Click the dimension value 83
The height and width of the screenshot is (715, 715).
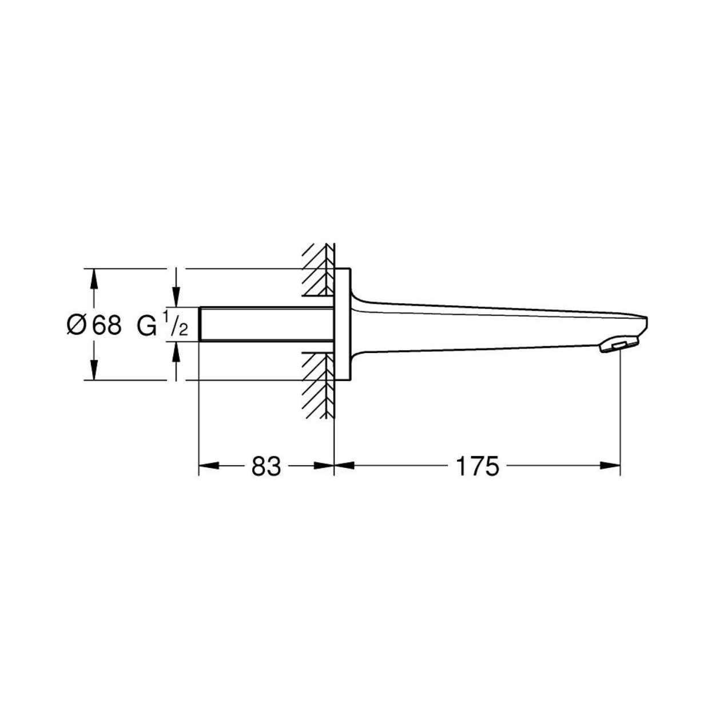point(266,466)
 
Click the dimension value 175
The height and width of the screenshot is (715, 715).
point(478,466)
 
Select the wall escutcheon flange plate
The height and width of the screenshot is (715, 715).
point(343,324)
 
